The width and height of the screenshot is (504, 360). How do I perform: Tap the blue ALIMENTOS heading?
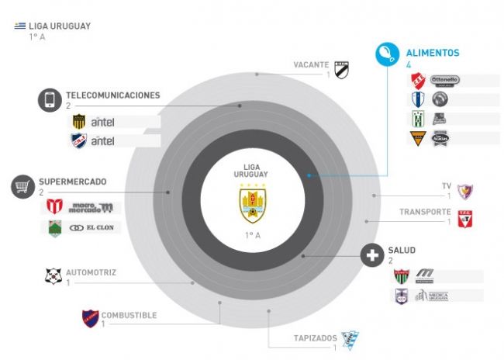pos(433,54)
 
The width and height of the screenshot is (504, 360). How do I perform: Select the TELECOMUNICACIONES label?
pos(112,95)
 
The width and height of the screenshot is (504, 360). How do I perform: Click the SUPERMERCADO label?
pos(74,182)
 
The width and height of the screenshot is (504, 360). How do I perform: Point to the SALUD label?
pos(402,251)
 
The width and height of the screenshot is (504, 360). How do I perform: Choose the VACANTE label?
pos(312,64)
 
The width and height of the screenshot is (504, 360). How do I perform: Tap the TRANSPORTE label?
pos(425,212)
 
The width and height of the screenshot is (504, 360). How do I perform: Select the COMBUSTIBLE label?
pos(129,315)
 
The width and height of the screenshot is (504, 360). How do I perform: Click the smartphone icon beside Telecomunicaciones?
pos(50,99)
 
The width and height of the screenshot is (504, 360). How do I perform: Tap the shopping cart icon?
pos(23,186)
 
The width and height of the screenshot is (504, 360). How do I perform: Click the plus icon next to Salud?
pos(374,255)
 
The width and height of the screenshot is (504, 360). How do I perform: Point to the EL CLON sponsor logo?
pos(92,228)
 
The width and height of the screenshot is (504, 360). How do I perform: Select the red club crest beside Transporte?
pos(464,219)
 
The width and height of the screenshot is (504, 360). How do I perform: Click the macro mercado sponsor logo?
pos(91,207)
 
